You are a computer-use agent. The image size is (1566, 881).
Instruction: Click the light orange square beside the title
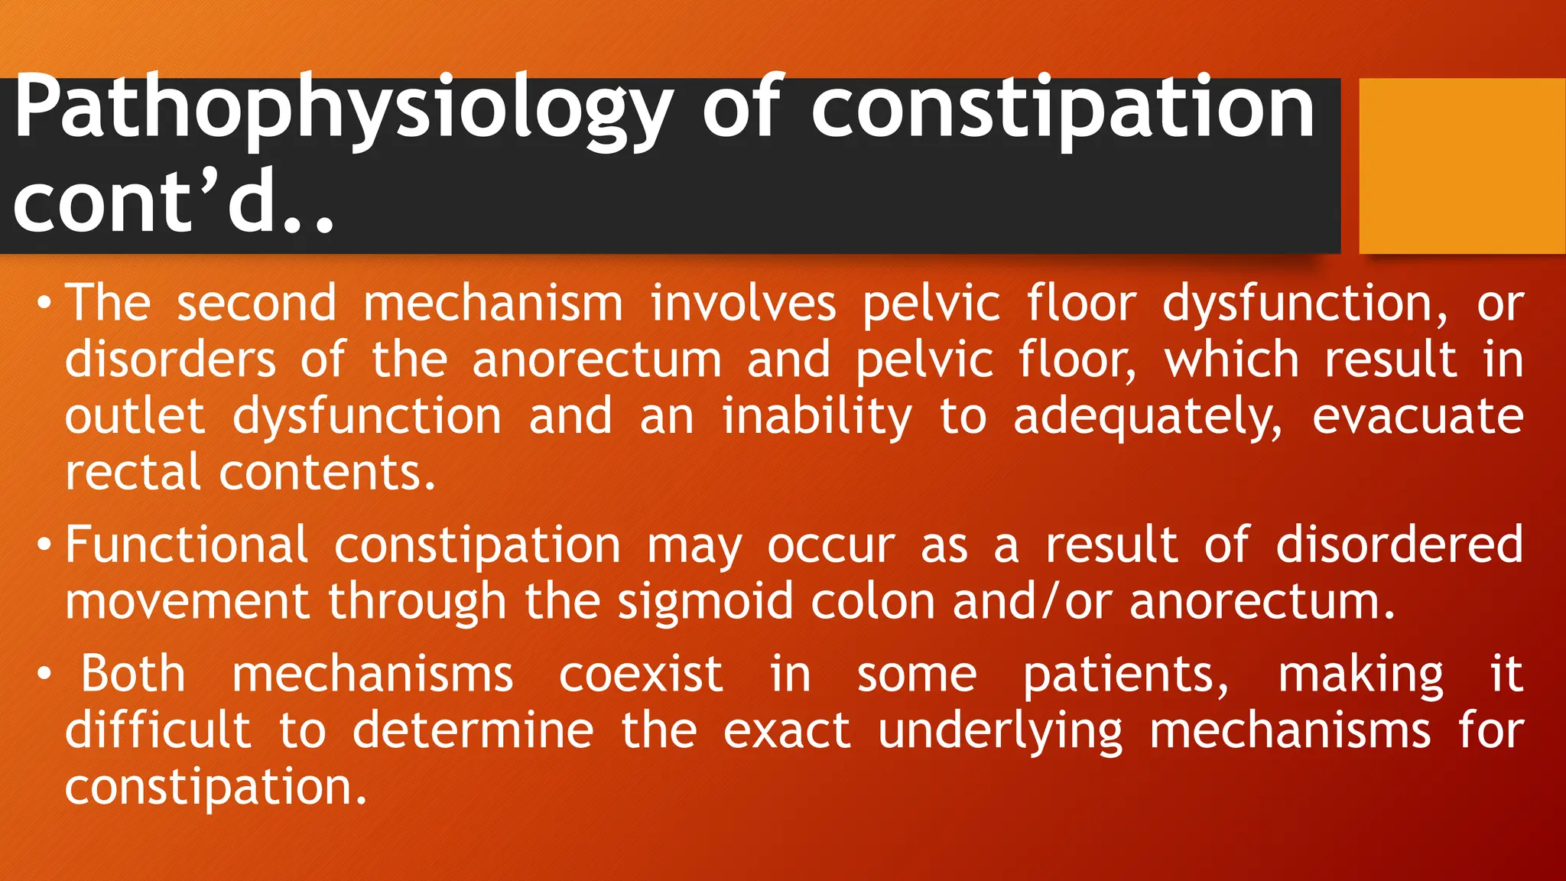click(1461, 165)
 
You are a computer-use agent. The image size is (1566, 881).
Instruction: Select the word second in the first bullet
click(257, 304)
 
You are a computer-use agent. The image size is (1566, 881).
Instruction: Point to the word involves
click(743, 304)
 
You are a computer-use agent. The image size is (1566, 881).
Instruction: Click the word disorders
click(170, 360)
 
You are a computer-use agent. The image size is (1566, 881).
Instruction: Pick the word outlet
click(135, 417)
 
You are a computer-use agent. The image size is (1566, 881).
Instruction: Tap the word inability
click(817, 417)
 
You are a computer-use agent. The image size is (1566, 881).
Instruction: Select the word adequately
click(1147, 417)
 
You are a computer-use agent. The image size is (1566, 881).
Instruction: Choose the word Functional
click(187, 545)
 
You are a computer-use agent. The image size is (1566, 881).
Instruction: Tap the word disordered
click(1399, 545)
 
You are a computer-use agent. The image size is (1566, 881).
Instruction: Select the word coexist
click(641, 675)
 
